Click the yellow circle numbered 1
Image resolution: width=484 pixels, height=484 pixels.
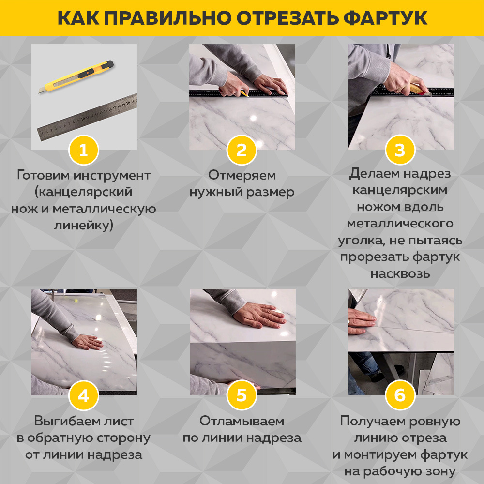84,150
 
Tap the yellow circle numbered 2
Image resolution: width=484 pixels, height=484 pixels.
242,150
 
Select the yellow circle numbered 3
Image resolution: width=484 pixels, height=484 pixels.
400,150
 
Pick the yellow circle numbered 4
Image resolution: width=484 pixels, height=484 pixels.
84,395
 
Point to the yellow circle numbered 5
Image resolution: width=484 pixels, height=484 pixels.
242,395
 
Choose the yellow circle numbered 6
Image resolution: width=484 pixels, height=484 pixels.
400,395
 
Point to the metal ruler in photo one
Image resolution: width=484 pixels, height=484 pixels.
87,116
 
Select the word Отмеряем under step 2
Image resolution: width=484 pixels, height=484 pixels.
242,175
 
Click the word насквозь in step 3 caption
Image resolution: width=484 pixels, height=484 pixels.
400,273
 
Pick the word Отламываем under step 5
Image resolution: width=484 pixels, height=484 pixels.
242,421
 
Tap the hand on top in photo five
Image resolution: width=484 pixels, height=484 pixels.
261,317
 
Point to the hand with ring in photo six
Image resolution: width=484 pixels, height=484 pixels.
361,321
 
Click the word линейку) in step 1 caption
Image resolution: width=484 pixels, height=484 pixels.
84,225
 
